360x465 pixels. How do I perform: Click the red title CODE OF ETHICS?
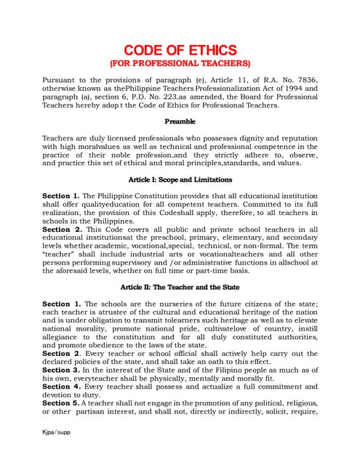pos(180,50)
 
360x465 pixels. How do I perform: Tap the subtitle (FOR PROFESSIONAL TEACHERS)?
pos(180,64)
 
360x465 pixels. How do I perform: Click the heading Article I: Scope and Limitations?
pos(180,179)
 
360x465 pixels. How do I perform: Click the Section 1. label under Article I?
pos(61,196)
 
